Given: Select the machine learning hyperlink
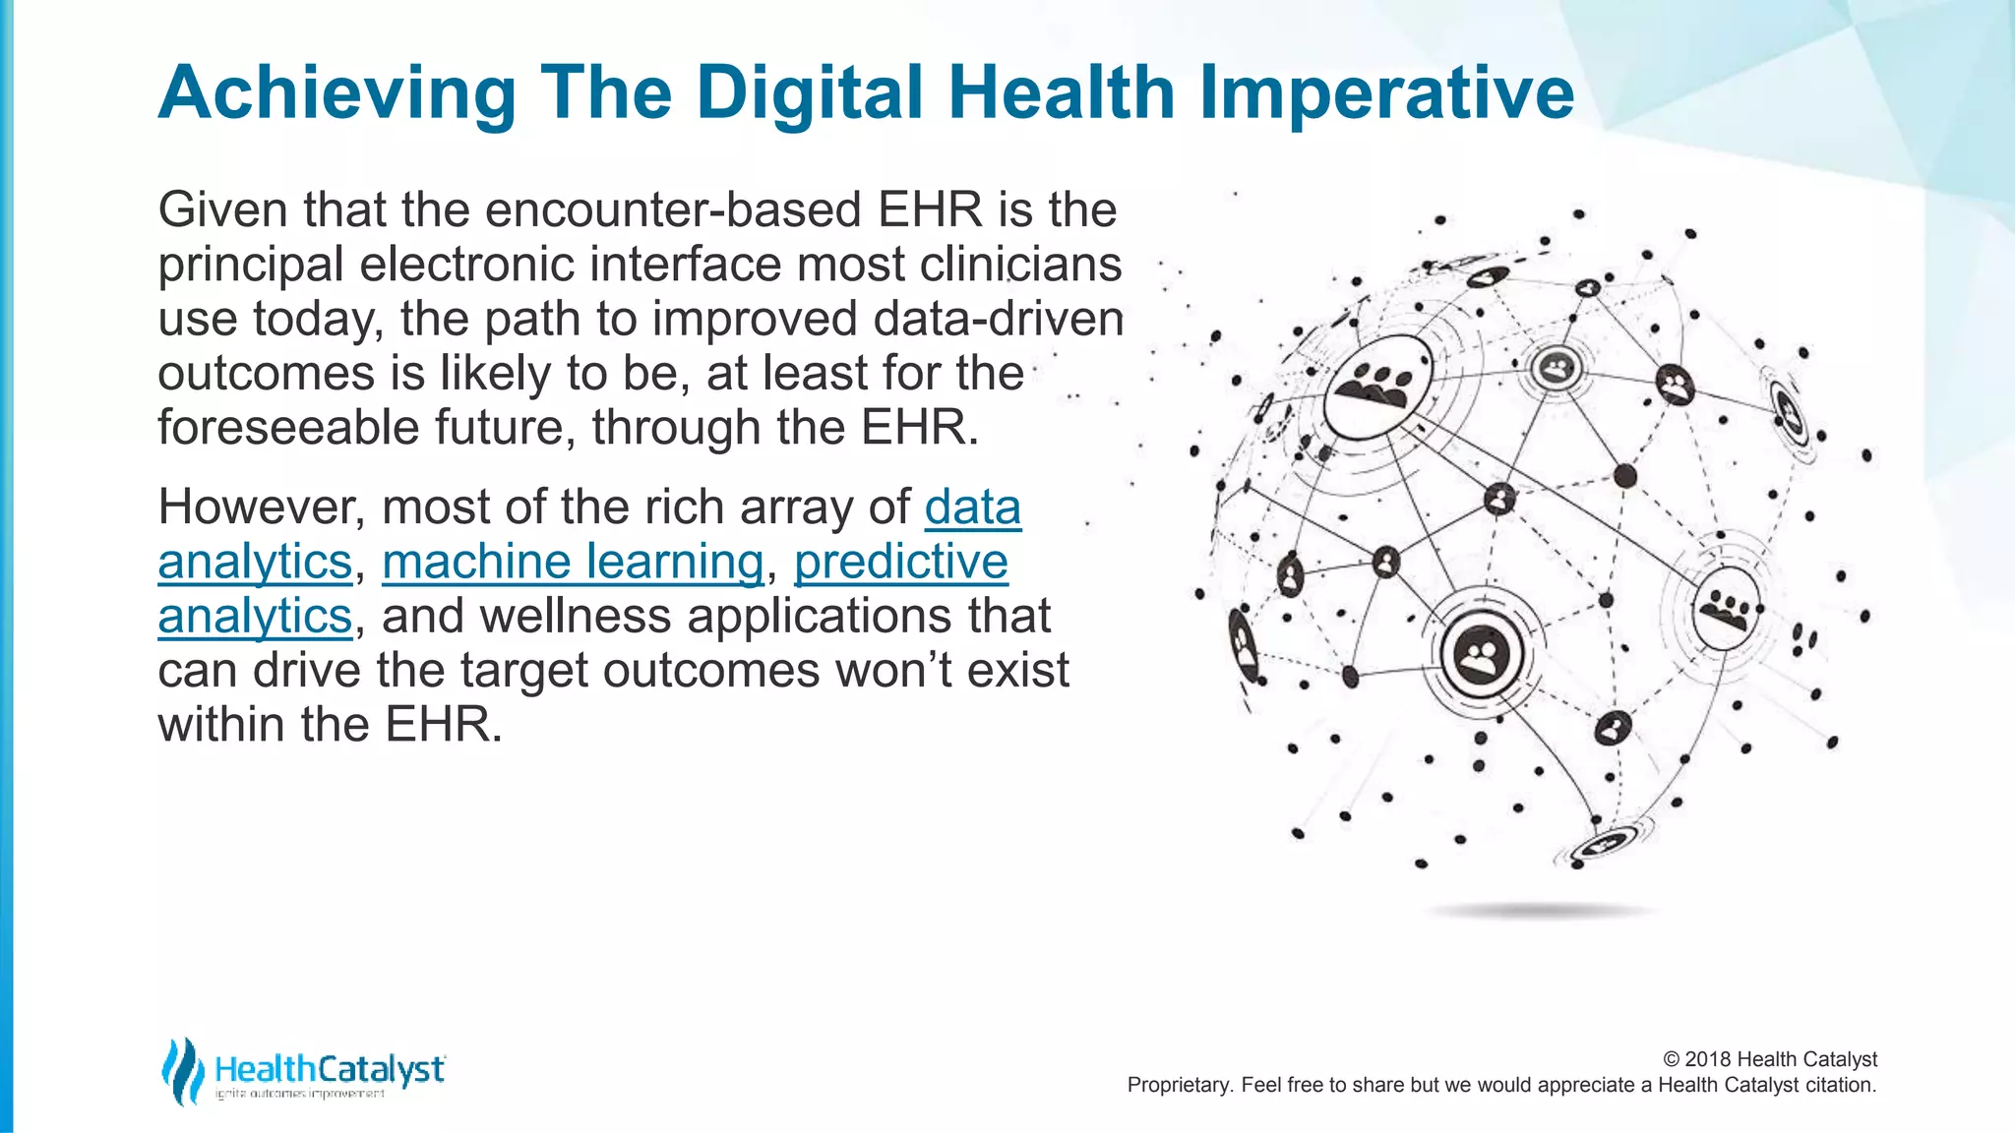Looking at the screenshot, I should pos(573,563).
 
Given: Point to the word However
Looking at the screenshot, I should pos(262,508).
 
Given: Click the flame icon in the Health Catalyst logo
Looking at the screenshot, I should pos(182,1071).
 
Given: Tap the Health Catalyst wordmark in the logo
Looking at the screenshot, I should pos(330,1068).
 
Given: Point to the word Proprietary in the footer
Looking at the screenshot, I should pos(1176,1085).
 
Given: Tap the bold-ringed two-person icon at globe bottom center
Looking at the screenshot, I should pos(1481,654).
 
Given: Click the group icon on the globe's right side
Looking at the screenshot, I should pos(1726,607).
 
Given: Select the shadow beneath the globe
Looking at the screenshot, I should pos(1540,912).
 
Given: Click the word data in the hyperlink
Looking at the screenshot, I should pos(972,508).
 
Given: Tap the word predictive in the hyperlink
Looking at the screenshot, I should pos(900,563).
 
